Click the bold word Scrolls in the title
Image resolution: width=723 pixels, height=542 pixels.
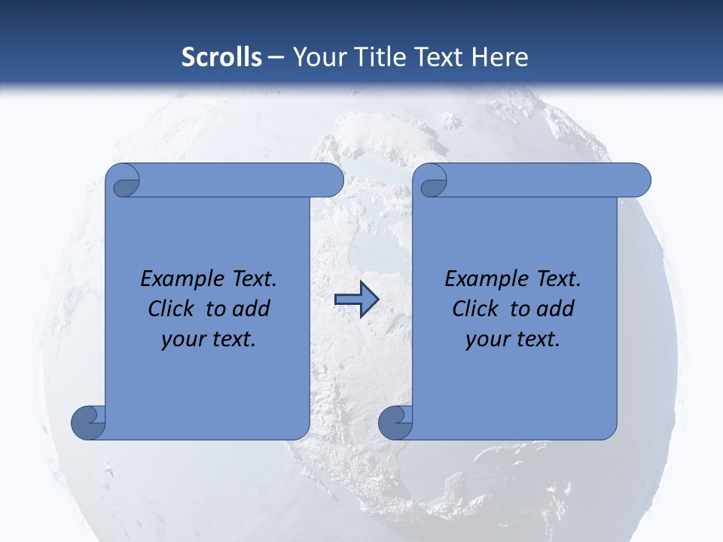221,57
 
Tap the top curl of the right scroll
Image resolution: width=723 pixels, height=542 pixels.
432,181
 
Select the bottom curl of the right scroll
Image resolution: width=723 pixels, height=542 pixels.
396,422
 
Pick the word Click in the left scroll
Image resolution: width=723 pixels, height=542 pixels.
172,309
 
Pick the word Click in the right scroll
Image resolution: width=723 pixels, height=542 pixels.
475,309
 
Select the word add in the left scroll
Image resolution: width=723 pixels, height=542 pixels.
252,309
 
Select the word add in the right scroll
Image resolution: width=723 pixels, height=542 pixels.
557,309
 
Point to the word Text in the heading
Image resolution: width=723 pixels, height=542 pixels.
439,57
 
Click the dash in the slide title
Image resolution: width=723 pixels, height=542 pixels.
276,57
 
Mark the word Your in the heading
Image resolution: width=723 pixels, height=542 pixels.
318,57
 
